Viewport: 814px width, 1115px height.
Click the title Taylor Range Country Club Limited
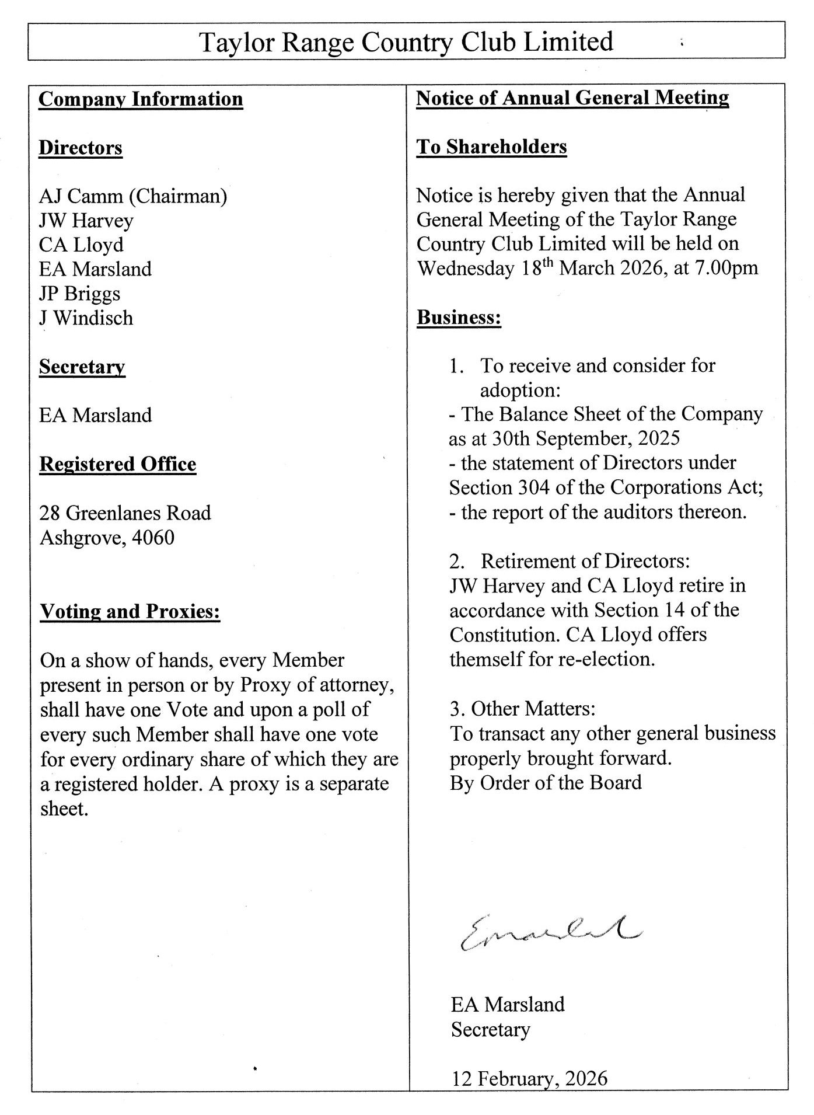pyautogui.click(x=406, y=42)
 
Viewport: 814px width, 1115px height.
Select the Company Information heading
pyautogui.click(x=141, y=99)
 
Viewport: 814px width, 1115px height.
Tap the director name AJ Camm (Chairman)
pyautogui.click(x=133, y=196)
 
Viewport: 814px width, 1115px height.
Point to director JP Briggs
pyautogui.click(x=79, y=294)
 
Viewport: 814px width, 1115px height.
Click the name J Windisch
pyautogui.click(x=86, y=318)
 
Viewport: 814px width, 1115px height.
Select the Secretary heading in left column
pyautogui.click(x=82, y=367)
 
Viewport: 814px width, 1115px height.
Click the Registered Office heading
pyautogui.click(x=117, y=464)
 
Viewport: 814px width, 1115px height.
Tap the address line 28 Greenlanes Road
pyautogui.click(x=125, y=513)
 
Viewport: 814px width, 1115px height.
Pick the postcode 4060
pyautogui.click(x=153, y=538)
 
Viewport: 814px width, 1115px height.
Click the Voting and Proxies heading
pyautogui.click(x=130, y=611)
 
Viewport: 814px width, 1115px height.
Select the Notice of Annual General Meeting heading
pyautogui.click(x=572, y=98)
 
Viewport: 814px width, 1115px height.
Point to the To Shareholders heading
pyautogui.click(x=491, y=147)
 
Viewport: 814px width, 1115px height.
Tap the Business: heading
pyautogui.click(x=459, y=318)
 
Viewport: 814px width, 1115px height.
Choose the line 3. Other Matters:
pyautogui.click(x=522, y=709)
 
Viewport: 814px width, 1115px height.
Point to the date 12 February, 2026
pyautogui.click(x=529, y=1078)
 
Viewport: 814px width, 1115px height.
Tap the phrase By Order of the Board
pyautogui.click(x=546, y=782)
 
